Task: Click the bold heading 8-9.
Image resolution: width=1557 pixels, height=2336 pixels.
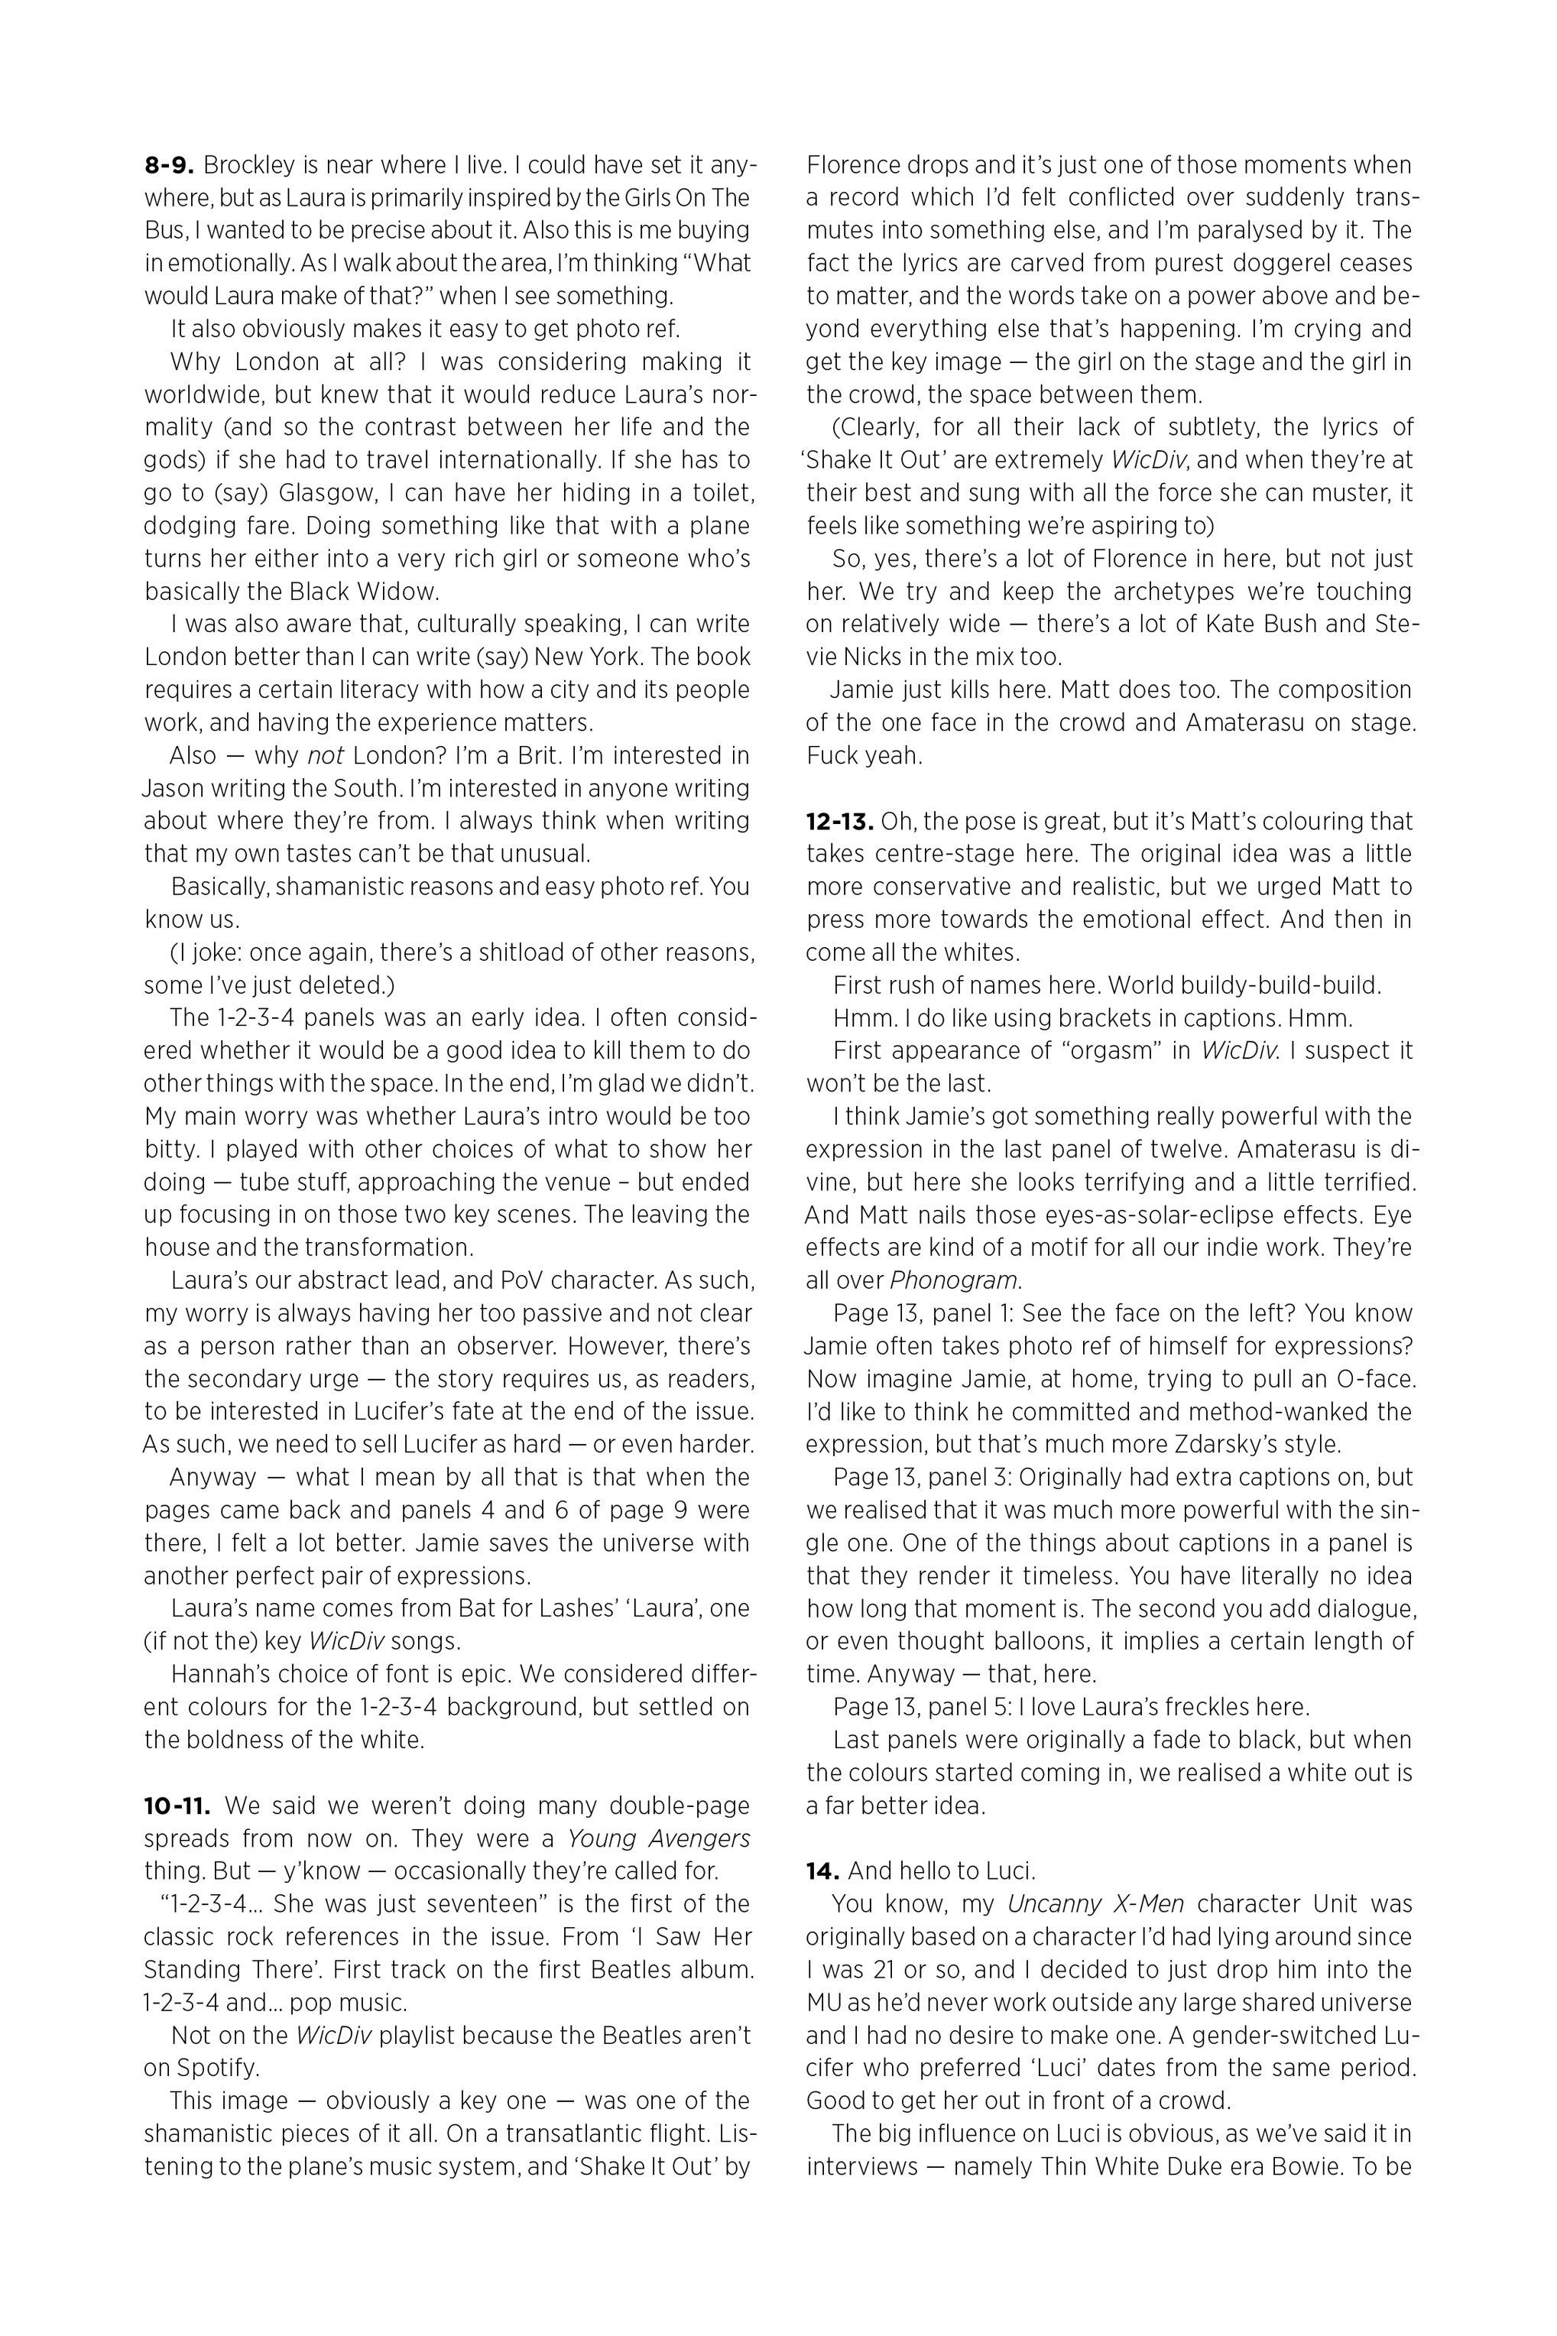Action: [x=169, y=165]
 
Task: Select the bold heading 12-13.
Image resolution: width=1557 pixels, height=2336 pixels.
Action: [x=839, y=821]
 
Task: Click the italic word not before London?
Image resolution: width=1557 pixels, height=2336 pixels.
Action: [x=325, y=755]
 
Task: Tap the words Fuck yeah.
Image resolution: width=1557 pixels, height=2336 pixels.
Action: [x=864, y=755]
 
